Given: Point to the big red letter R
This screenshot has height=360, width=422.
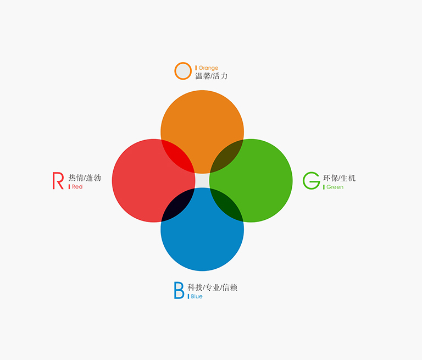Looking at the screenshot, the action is (x=58, y=181).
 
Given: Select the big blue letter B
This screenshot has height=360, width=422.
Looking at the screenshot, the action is (x=179, y=291).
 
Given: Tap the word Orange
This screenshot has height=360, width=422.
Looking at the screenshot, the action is (x=208, y=68).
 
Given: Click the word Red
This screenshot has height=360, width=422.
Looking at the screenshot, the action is (x=77, y=187).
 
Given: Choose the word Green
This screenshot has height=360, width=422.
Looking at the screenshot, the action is (x=335, y=187).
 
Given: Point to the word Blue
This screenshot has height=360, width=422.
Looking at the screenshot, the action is (x=197, y=296).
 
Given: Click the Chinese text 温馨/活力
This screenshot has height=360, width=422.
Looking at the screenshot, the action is (x=211, y=76).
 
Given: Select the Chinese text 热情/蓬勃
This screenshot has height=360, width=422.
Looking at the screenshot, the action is (x=85, y=178).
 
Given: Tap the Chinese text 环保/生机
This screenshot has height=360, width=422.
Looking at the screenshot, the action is (x=340, y=178).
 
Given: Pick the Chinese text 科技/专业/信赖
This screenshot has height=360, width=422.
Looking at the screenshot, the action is (x=212, y=287).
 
